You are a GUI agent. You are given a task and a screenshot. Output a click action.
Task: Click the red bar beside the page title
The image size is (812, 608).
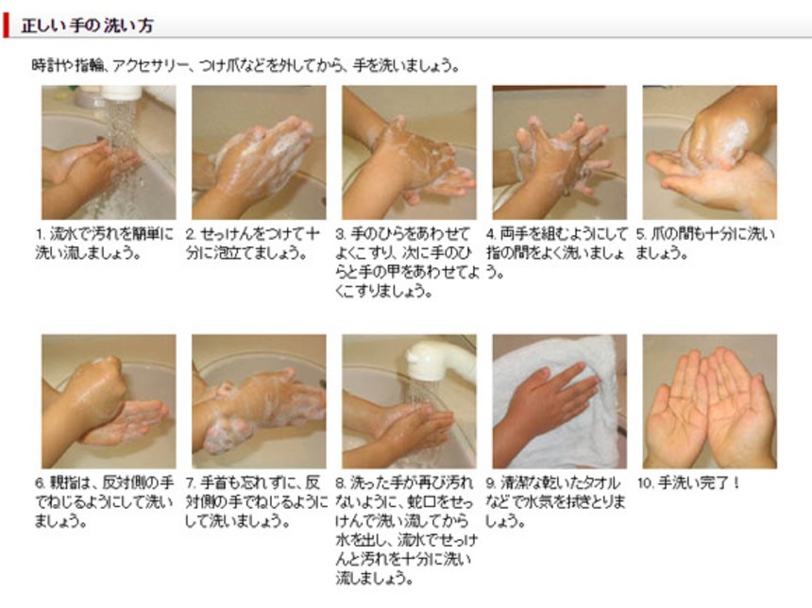pos(6,25)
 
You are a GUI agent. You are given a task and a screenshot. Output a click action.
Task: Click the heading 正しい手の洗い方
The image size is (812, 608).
pos(88,25)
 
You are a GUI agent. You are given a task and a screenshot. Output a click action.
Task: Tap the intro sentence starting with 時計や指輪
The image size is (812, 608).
pos(245,66)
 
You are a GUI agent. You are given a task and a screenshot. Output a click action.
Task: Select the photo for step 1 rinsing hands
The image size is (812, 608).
pos(109,152)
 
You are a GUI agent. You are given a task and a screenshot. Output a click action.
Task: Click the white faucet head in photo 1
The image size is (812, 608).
pos(122,93)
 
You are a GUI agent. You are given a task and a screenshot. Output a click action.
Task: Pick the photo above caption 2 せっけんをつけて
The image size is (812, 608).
pos(259,152)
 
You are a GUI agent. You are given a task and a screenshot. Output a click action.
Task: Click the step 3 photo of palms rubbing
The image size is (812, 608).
pos(409,152)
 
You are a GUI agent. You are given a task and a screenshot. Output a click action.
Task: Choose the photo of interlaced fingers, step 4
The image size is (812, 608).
pos(559,152)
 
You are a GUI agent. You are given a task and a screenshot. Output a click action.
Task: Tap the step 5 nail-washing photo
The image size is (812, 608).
pos(709,152)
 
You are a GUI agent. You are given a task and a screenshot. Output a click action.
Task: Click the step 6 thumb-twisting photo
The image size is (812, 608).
pos(109,401)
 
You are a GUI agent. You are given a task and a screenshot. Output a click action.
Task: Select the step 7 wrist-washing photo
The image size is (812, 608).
pos(259,401)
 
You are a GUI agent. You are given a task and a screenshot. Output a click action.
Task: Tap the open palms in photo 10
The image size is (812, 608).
pos(710,407)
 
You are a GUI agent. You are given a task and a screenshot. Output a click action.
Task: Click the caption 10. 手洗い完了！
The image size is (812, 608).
pos(688,483)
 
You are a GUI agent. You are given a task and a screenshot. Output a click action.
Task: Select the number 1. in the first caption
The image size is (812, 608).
pos(40,234)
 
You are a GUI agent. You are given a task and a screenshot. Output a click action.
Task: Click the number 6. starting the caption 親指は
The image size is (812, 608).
pos(40,483)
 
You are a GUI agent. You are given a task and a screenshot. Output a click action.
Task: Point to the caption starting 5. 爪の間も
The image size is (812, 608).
pos(705,244)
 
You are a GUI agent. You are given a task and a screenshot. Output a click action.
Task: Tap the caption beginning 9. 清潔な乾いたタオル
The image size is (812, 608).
pos(556,502)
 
